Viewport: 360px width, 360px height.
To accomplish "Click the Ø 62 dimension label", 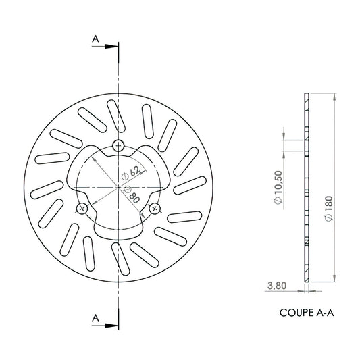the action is (x=130, y=174).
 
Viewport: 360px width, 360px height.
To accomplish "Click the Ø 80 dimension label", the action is (x=131, y=195).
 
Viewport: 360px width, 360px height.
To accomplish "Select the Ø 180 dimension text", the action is (x=329, y=209).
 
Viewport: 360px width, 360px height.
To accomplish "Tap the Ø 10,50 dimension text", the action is (x=278, y=187).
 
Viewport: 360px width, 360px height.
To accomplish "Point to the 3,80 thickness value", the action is (x=277, y=286).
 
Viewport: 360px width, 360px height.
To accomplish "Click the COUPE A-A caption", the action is (x=307, y=313).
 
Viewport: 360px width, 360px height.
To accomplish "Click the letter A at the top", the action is (x=95, y=38).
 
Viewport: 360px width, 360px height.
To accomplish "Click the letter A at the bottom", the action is (x=95, y=318).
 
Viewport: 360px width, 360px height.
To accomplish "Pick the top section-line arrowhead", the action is (x=111, y=47).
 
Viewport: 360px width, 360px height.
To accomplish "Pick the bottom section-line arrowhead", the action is (x=111, y=326).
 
